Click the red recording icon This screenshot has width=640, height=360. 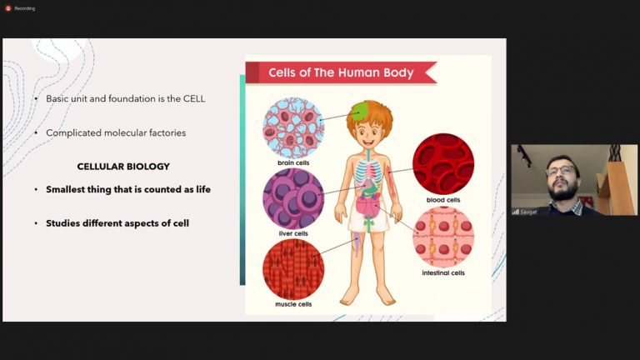(8, 8)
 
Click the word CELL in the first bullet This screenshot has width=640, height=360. (194, 99)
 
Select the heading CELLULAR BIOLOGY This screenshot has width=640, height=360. (123, 167)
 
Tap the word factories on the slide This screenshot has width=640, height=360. (167, 132)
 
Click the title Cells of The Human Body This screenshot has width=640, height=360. (341, 72)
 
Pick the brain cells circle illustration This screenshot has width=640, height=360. (293, 127)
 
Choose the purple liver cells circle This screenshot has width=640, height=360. (293, 199)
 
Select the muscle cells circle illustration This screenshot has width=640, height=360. (293, 269)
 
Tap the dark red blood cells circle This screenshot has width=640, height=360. (443, 164)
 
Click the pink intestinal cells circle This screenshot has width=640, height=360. (443, 237)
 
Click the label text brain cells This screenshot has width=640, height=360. (293, 162)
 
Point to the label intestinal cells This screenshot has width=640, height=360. (443, 272)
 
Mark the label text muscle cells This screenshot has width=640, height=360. (293, 304)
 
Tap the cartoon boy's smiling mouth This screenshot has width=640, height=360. (368, 142)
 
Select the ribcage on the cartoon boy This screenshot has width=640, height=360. (368, 171)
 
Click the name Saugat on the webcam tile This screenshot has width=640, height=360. (528, 212)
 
